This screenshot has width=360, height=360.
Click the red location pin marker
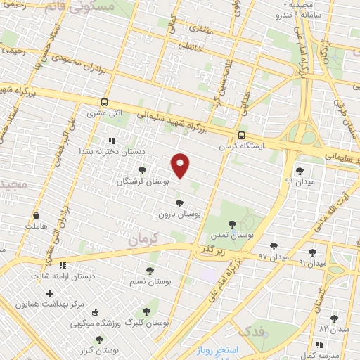[181, 165]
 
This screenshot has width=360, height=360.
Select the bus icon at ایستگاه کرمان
[241, 136]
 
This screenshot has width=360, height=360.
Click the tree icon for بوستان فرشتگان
[143, 170]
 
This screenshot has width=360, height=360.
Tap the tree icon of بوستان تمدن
[232, 224]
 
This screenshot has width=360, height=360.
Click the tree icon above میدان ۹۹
[300, 170]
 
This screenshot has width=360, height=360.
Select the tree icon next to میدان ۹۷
[274, 246]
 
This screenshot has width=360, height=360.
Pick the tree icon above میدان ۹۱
[312, 252]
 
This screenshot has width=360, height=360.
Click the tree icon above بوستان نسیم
[150, 271]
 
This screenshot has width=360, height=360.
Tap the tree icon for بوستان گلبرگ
[146, 311]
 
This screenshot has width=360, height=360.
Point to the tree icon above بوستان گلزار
[99, 340]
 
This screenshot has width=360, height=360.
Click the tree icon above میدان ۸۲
[334, 318]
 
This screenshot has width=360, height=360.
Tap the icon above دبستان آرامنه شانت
[63, 265]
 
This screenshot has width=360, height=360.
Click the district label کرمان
[143, 239]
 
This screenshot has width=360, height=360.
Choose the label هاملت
[34, 226]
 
